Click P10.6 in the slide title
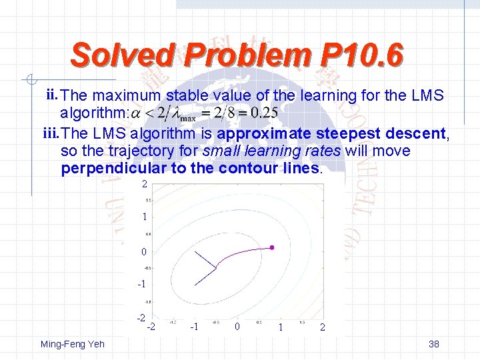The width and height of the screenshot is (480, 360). click(x=363, y=55)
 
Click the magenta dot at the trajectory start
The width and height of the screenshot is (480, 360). click(x=272, y=247)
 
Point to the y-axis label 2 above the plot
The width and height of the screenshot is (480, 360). click(x=144, y=183)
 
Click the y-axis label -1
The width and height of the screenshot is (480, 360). click(x=141, y=285)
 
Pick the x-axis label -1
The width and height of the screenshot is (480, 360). click(x=194, y=327)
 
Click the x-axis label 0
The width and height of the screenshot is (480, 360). click(x=237, y=327)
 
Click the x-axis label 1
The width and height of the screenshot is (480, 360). click(x=281, y=327)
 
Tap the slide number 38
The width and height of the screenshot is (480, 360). click(x=434, y=344)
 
